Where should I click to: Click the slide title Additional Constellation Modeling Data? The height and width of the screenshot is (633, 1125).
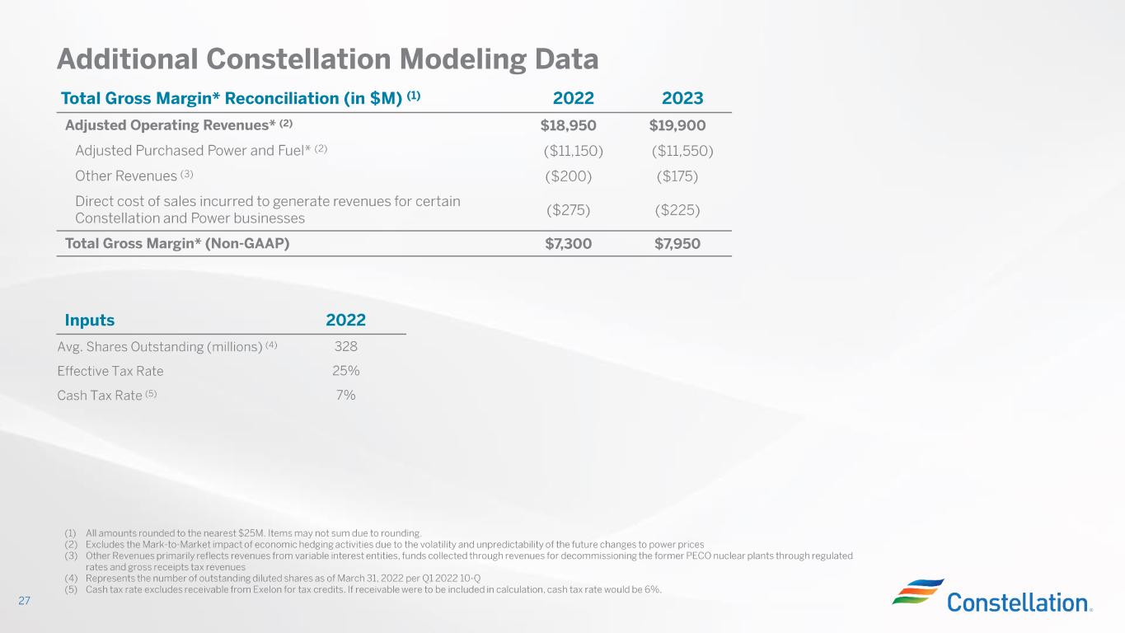(x=327, y=59)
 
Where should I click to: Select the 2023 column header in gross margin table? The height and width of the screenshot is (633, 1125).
(x=682, y=98)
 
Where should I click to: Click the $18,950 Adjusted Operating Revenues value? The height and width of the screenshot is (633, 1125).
(x=568, y=125)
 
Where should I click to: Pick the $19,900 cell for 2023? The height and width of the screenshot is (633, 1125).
(x=677, y=125)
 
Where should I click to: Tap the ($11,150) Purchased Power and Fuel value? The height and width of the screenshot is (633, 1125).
(x=573, y=151)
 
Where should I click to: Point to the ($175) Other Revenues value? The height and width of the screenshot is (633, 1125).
(x=677, y=176)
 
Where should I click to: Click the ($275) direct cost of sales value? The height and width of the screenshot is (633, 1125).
(x=568, y=209)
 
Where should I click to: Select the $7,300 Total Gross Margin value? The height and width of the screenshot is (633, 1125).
(x=568, y=244)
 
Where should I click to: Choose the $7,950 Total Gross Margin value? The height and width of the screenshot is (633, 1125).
(x=677, y=244)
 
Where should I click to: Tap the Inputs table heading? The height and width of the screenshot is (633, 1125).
(x=89, y=320)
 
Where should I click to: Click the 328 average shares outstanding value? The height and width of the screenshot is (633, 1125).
(x=345, y=346)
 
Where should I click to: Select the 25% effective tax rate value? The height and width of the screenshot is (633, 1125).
(x=345, y=371)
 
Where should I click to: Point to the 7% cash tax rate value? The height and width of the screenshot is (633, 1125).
(x=345, y=395)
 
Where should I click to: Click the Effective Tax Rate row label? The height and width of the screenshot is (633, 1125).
(x=110, y=371)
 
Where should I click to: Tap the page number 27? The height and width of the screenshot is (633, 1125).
(x=24, y=600)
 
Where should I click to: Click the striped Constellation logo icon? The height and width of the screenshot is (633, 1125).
(x=918, y=591)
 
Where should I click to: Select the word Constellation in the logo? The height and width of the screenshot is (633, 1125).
(x=1018, y=603)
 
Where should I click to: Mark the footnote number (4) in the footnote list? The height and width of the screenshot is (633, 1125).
(x=71, y=579)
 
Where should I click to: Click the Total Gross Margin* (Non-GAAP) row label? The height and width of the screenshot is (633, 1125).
(x=177, y=244)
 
